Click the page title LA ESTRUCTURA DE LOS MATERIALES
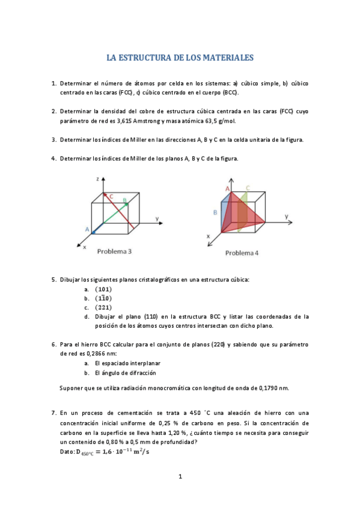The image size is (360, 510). (x=180, y=58)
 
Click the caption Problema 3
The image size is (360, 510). (x=114, y=251)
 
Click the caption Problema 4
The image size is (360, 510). (x=242, y=253)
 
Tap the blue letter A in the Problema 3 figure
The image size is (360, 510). (x=87, y=230)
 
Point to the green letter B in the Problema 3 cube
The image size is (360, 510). (x=124, y=200)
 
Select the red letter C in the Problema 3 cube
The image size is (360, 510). (x=111, y=195)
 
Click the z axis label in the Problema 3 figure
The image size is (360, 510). (x=97, y=179)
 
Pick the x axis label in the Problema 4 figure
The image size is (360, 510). (x=209, y=236)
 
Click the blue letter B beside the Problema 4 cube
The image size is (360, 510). (x=215, y=212)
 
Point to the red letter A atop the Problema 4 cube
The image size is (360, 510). (x=227, y=189)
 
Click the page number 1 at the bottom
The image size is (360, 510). (x=180, y=477)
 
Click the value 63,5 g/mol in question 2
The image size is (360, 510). (x=220, y=120)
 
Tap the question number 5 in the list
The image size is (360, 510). (x=53, y=280)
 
